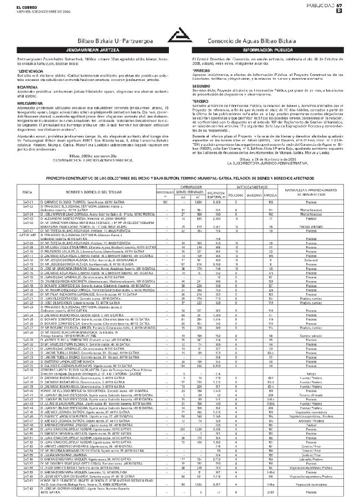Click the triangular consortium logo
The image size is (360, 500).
[x=180, y=33]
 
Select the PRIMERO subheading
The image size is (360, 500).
[x=200, y=71]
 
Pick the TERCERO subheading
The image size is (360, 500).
[x=201, y=102]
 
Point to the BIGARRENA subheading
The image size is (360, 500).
[x=28, y=87]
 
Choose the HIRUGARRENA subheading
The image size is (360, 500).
[x=30, y=103]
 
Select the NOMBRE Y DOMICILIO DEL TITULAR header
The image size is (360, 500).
[x=83, y=191]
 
